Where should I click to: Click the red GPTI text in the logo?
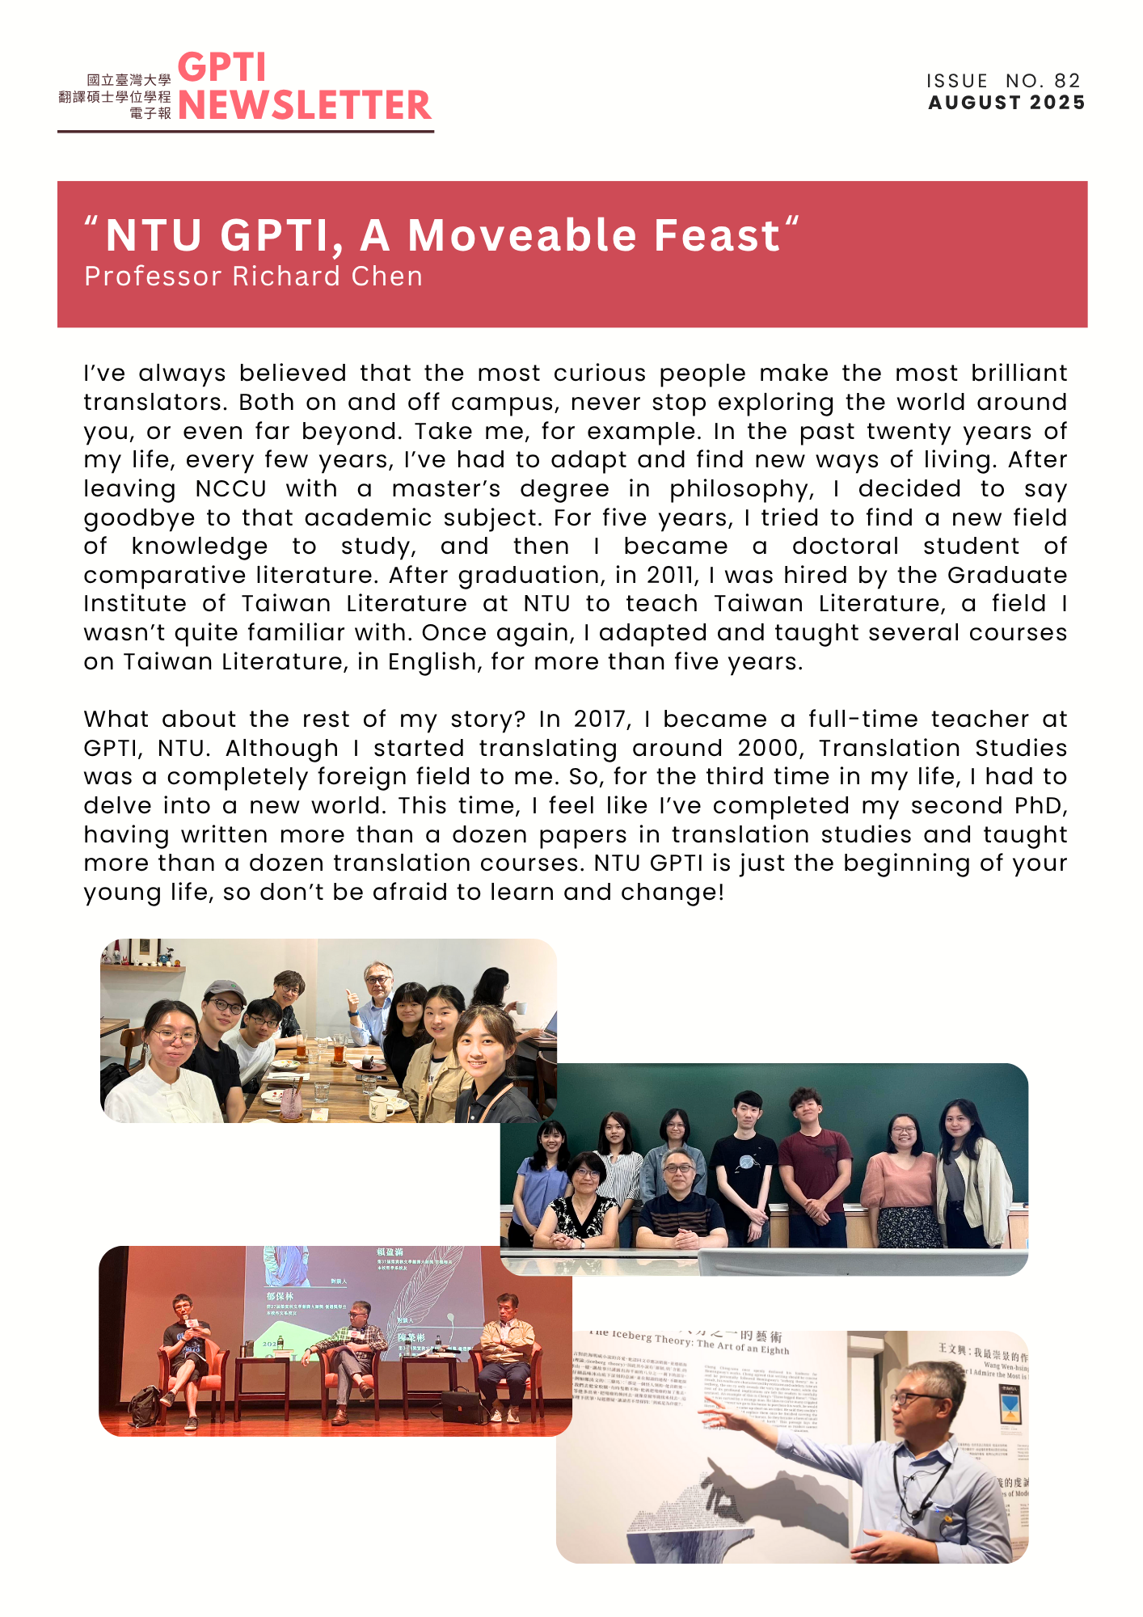pyautogui.click(x=221, y=68)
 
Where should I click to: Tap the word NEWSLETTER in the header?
pyautogui.click(x=304, y=106)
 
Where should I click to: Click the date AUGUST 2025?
pyautogui.click(x=1006, y=103)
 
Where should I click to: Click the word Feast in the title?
pyautogui.click(x=716, y=235)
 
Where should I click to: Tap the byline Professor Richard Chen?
pyautogui.click(x=253, y=277)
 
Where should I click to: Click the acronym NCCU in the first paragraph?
pyautogui.click(x=230, y=489)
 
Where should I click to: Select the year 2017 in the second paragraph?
pyautogui.click(x=602, y=719)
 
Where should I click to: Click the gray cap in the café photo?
pyautogui.click(x=224, y=990)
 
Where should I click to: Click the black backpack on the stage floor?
pyautogui.click(x=146, y=1406)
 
